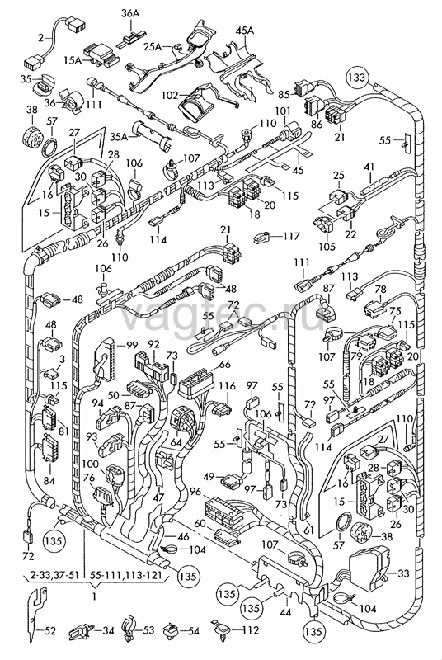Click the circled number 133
tap(356, 78)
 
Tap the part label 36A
tap(130, 13)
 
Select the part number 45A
tap(245, 31)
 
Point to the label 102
tap(170, 96)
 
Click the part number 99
tap(132, 346)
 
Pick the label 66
tap(225, 364)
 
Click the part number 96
tap(195, 492)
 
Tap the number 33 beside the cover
tap(403, 573)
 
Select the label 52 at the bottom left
tap(50, 631)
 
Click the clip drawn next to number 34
tap(79, 630)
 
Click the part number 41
tap(369, 167)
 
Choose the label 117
tap(291, 236)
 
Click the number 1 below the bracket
tap(94, 596)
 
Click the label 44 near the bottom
tap(285, 611)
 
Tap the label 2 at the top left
tap(40, 38)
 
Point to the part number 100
tap(91, 464)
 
